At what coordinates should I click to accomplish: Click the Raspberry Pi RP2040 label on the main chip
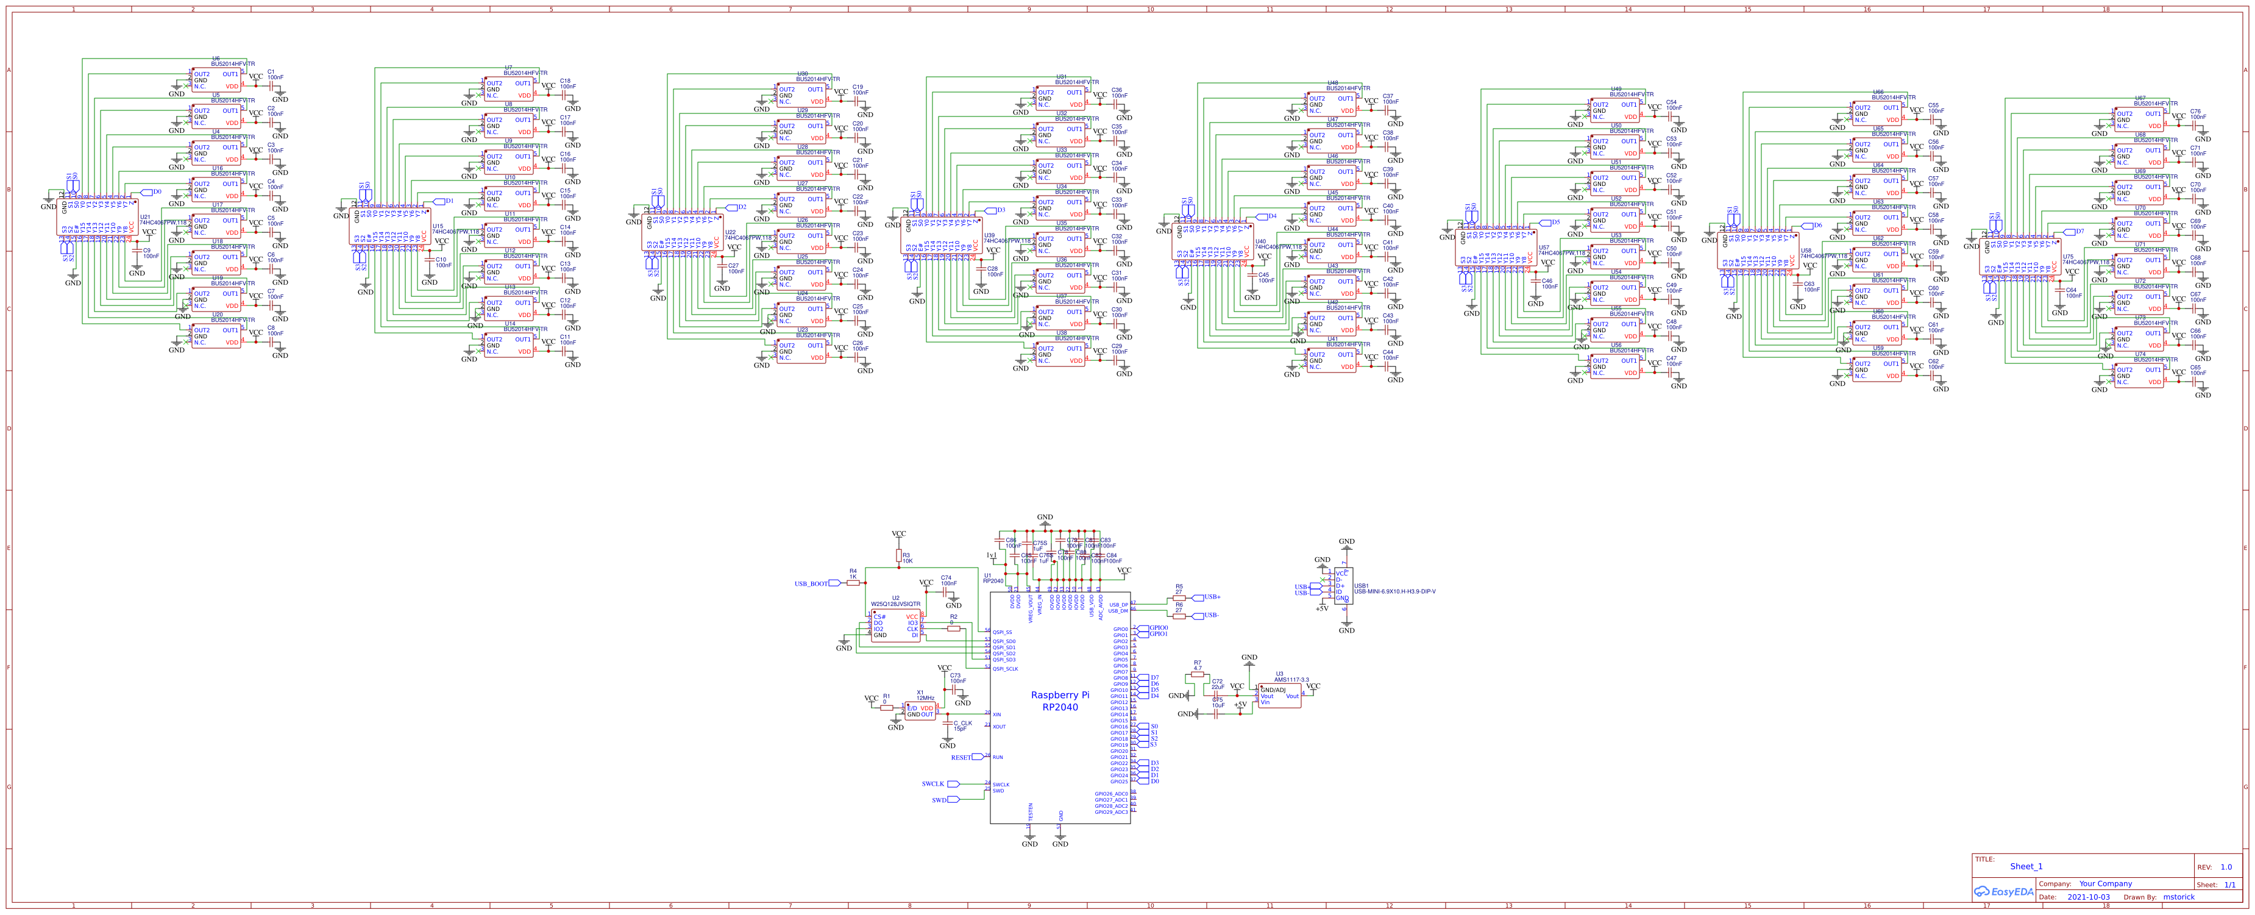tap(1059, 700)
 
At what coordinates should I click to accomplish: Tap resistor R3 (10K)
tap(898, 555)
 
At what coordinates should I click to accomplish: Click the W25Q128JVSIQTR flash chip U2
tap(895, 626)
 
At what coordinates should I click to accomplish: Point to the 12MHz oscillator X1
tap(920, 711)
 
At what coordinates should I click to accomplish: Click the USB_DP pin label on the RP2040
tap(1118, 604)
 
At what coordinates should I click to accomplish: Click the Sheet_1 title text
tap(2026, 866)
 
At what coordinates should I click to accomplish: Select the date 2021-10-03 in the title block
tap(2088, 897)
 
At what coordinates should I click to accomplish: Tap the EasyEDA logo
tap(2004, 891)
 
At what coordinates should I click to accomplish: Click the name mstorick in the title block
tap(2178, 897)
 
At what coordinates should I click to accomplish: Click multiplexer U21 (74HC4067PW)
tap(96, 216)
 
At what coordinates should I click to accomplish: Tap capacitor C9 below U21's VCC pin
tap(137, 252)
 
